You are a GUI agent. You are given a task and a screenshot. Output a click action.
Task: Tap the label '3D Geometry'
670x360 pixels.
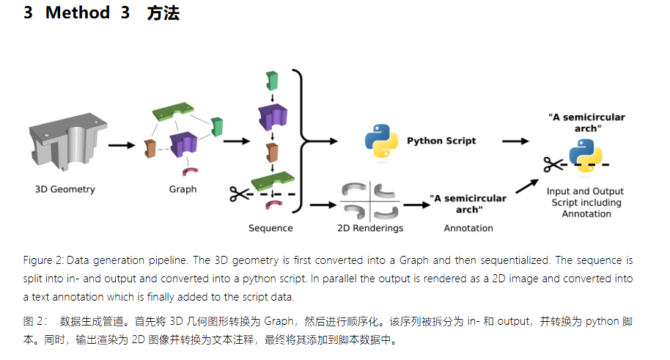(x=65, y=189)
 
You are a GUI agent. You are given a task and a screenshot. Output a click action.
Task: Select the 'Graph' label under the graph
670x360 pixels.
(x=183, y=189)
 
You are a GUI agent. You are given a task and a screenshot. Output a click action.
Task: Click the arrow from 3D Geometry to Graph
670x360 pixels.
(x=121, y=144)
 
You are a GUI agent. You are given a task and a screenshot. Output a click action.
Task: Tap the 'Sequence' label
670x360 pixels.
(x=270, y=228)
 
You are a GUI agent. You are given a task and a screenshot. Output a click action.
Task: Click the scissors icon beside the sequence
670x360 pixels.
(x=238, y=194)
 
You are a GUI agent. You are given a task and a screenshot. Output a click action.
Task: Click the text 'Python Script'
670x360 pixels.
(x=441, y=141)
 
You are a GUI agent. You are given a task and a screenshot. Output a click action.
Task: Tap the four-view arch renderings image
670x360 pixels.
(x=371, y=199)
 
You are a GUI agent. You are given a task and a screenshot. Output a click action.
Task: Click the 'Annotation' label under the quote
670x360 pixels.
(x=468, y=228)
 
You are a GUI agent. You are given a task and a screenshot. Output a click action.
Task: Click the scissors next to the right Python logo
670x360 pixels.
(x=553, y=164)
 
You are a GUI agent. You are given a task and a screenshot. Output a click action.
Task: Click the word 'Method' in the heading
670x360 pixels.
(x=78, y=13)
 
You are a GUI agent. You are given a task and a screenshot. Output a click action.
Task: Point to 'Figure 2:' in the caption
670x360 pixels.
(x=43, y=260)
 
